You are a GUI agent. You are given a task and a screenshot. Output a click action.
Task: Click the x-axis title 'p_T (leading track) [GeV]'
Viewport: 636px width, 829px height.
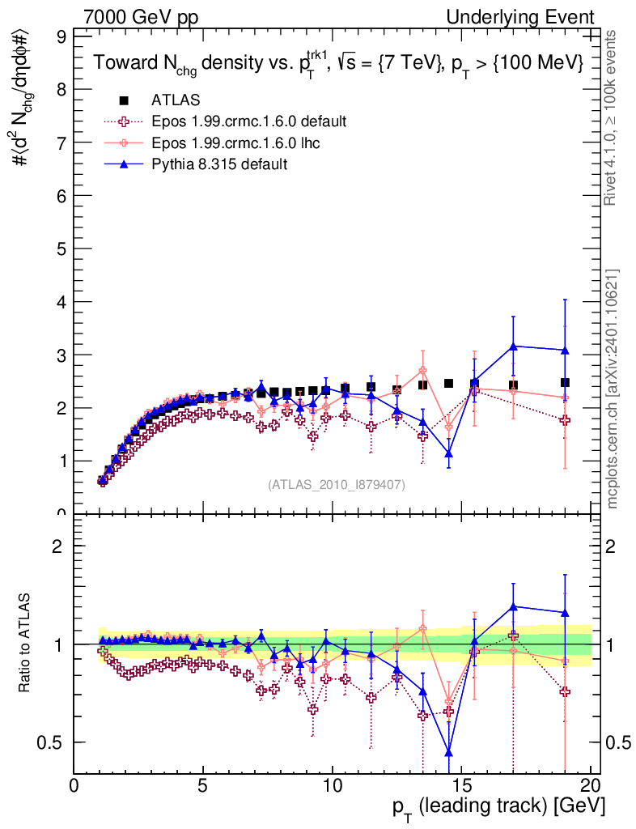pyautogui.click(x=498, y=808)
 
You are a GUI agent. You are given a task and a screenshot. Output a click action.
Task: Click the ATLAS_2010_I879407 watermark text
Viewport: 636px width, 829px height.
pyautogui.click(x=337, y=484)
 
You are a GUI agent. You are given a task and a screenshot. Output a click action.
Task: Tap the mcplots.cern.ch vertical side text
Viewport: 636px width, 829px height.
pyautogui.click(x=613, y=389)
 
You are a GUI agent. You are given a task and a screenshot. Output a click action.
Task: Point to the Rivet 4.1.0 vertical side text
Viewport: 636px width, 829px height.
pyautogui.click(x=613, y=117)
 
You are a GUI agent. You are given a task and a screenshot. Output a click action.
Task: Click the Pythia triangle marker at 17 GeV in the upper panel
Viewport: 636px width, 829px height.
pyautogui.click(x=513, y=346)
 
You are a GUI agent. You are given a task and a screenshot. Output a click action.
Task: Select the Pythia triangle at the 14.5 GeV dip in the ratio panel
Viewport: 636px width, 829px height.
pyautogui.click(x=448, y=752)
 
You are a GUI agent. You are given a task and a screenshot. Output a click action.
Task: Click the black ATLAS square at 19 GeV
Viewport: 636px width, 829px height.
pyautogui.click(x=565, y=382)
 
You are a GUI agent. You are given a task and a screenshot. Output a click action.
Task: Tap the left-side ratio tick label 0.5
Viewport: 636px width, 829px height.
pyautogui.click(x=58, y=742)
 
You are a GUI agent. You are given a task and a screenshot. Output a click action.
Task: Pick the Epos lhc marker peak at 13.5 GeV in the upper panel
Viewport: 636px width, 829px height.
pyautogui.click(x=422, y=371)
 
